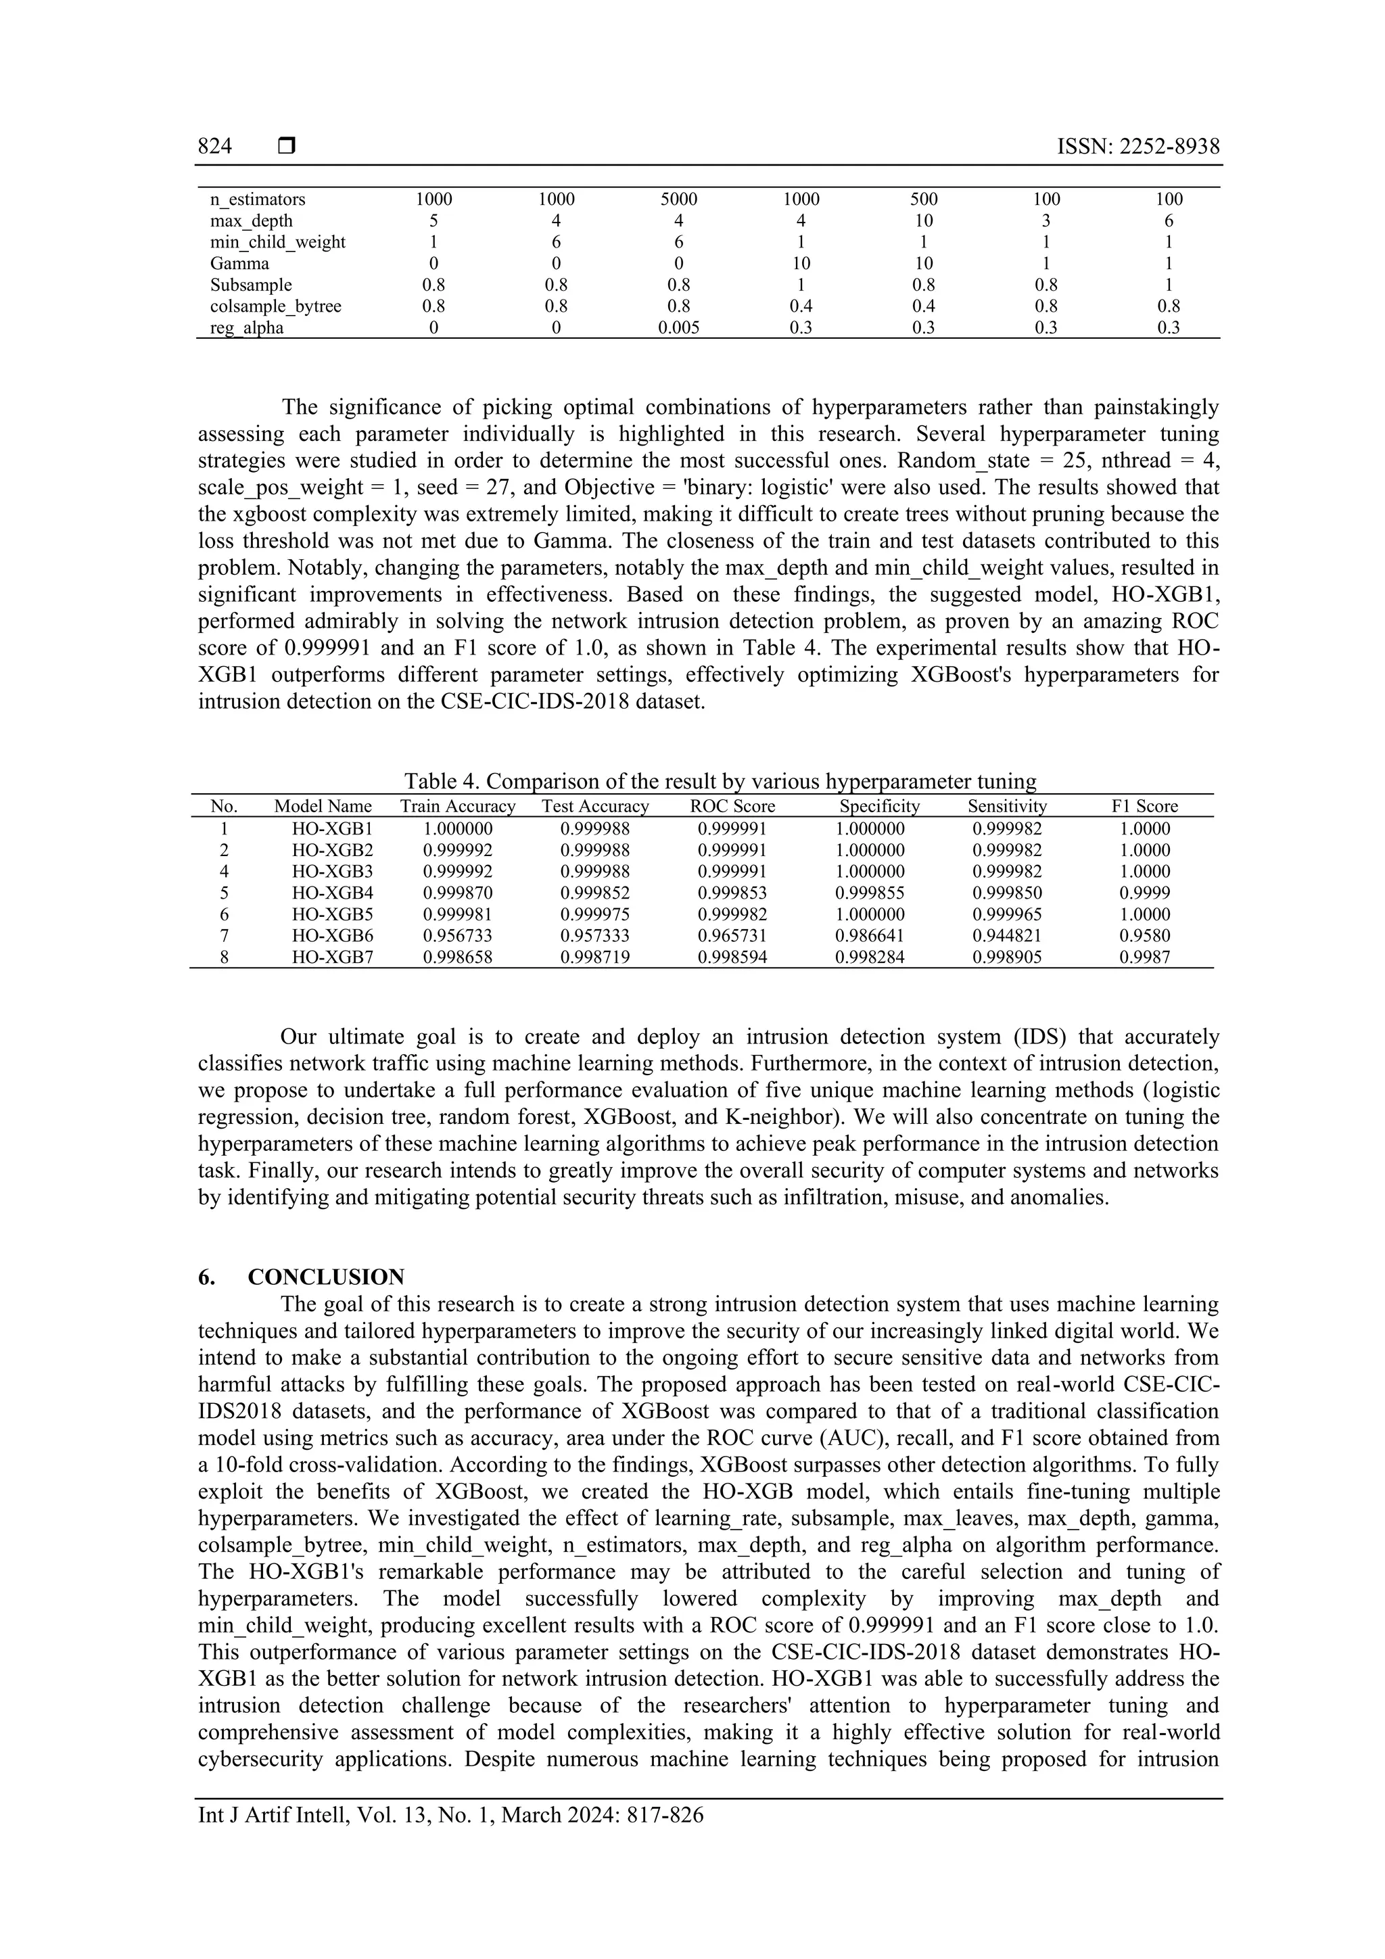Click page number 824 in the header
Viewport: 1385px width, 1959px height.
click(x=215, y=147)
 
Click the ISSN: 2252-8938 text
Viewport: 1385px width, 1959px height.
click(x=1137, y=147)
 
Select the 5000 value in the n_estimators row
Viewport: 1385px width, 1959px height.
click(x=678, y=199)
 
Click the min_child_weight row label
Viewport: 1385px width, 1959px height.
click(x=277, y=242)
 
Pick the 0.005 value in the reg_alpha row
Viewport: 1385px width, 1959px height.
click(x=678, y=329)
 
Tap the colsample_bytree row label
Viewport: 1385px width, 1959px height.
click(x=276, y=306)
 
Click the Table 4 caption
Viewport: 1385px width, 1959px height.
click(x=720, y=781)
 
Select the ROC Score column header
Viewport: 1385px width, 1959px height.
click(x=732, y=806)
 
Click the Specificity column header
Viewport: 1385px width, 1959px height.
click(x=879, y=806)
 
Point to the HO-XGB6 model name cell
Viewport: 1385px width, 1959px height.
click(x=333, y=936)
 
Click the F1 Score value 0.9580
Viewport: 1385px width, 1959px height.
click(x=1144, y=936)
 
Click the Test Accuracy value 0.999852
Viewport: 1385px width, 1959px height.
click(x=595, y=893)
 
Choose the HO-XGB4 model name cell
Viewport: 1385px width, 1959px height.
click(x=333, y=893)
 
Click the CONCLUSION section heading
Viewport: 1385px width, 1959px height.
click(x=325, y=1277)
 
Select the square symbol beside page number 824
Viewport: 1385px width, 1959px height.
click(x=287, y=147)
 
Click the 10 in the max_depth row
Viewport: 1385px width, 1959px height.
click(x=923, y=221)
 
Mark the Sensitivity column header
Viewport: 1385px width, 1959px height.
click(x=1007, y=806)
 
